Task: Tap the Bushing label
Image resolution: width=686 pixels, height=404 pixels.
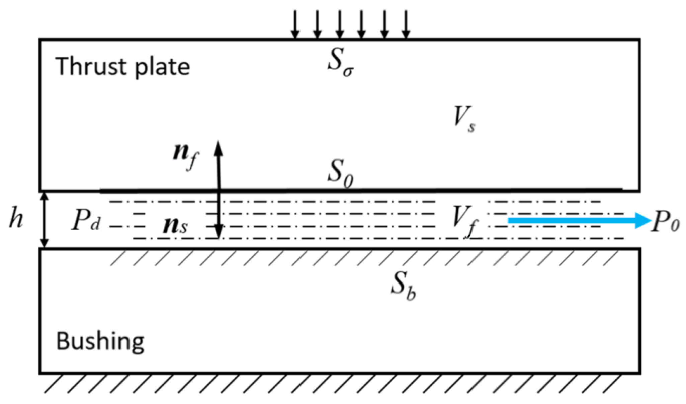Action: pyautogui.click(x=100, y=341)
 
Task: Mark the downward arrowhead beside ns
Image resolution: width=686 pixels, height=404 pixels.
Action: pyautogui.click(x=218, y=231)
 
